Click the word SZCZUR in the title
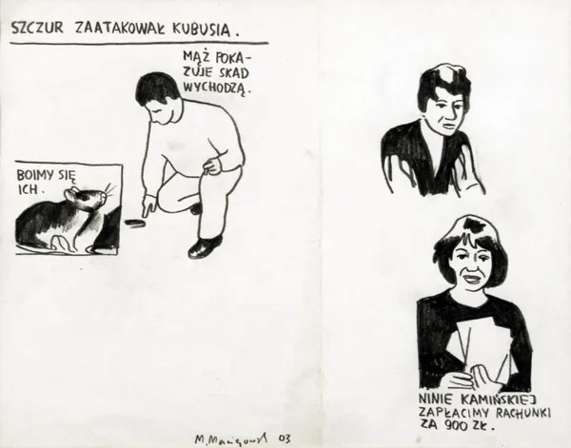click(x=38, y=29)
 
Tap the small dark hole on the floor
click(x=135, y=225)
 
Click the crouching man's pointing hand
click(x=150, y=204)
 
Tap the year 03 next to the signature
click(x=280, y=437)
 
